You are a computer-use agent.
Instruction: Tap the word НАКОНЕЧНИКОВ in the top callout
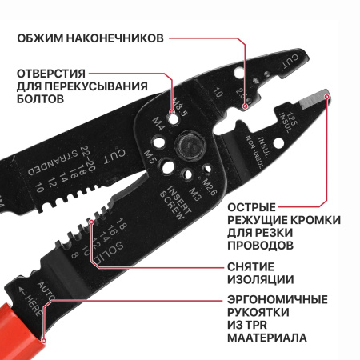click(x=116, y=38)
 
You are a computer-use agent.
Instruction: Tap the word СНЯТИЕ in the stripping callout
click(x=250, y=266)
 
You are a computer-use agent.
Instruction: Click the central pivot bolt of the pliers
click(x=190, y=146)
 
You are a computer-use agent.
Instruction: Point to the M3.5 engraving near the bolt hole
click(x=179, y=105)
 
